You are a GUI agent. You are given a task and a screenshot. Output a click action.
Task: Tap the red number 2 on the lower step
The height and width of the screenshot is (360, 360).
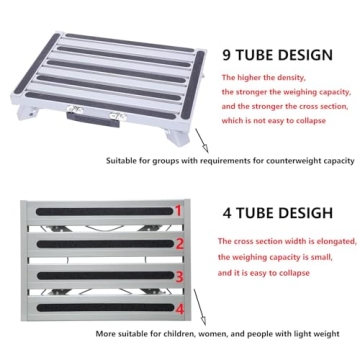(x=180, y=243)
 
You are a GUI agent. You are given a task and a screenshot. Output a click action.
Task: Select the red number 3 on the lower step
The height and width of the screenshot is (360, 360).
(x=180, y=277)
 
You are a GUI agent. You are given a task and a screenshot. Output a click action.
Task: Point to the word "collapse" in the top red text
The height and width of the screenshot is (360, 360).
(x=304, y=120)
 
